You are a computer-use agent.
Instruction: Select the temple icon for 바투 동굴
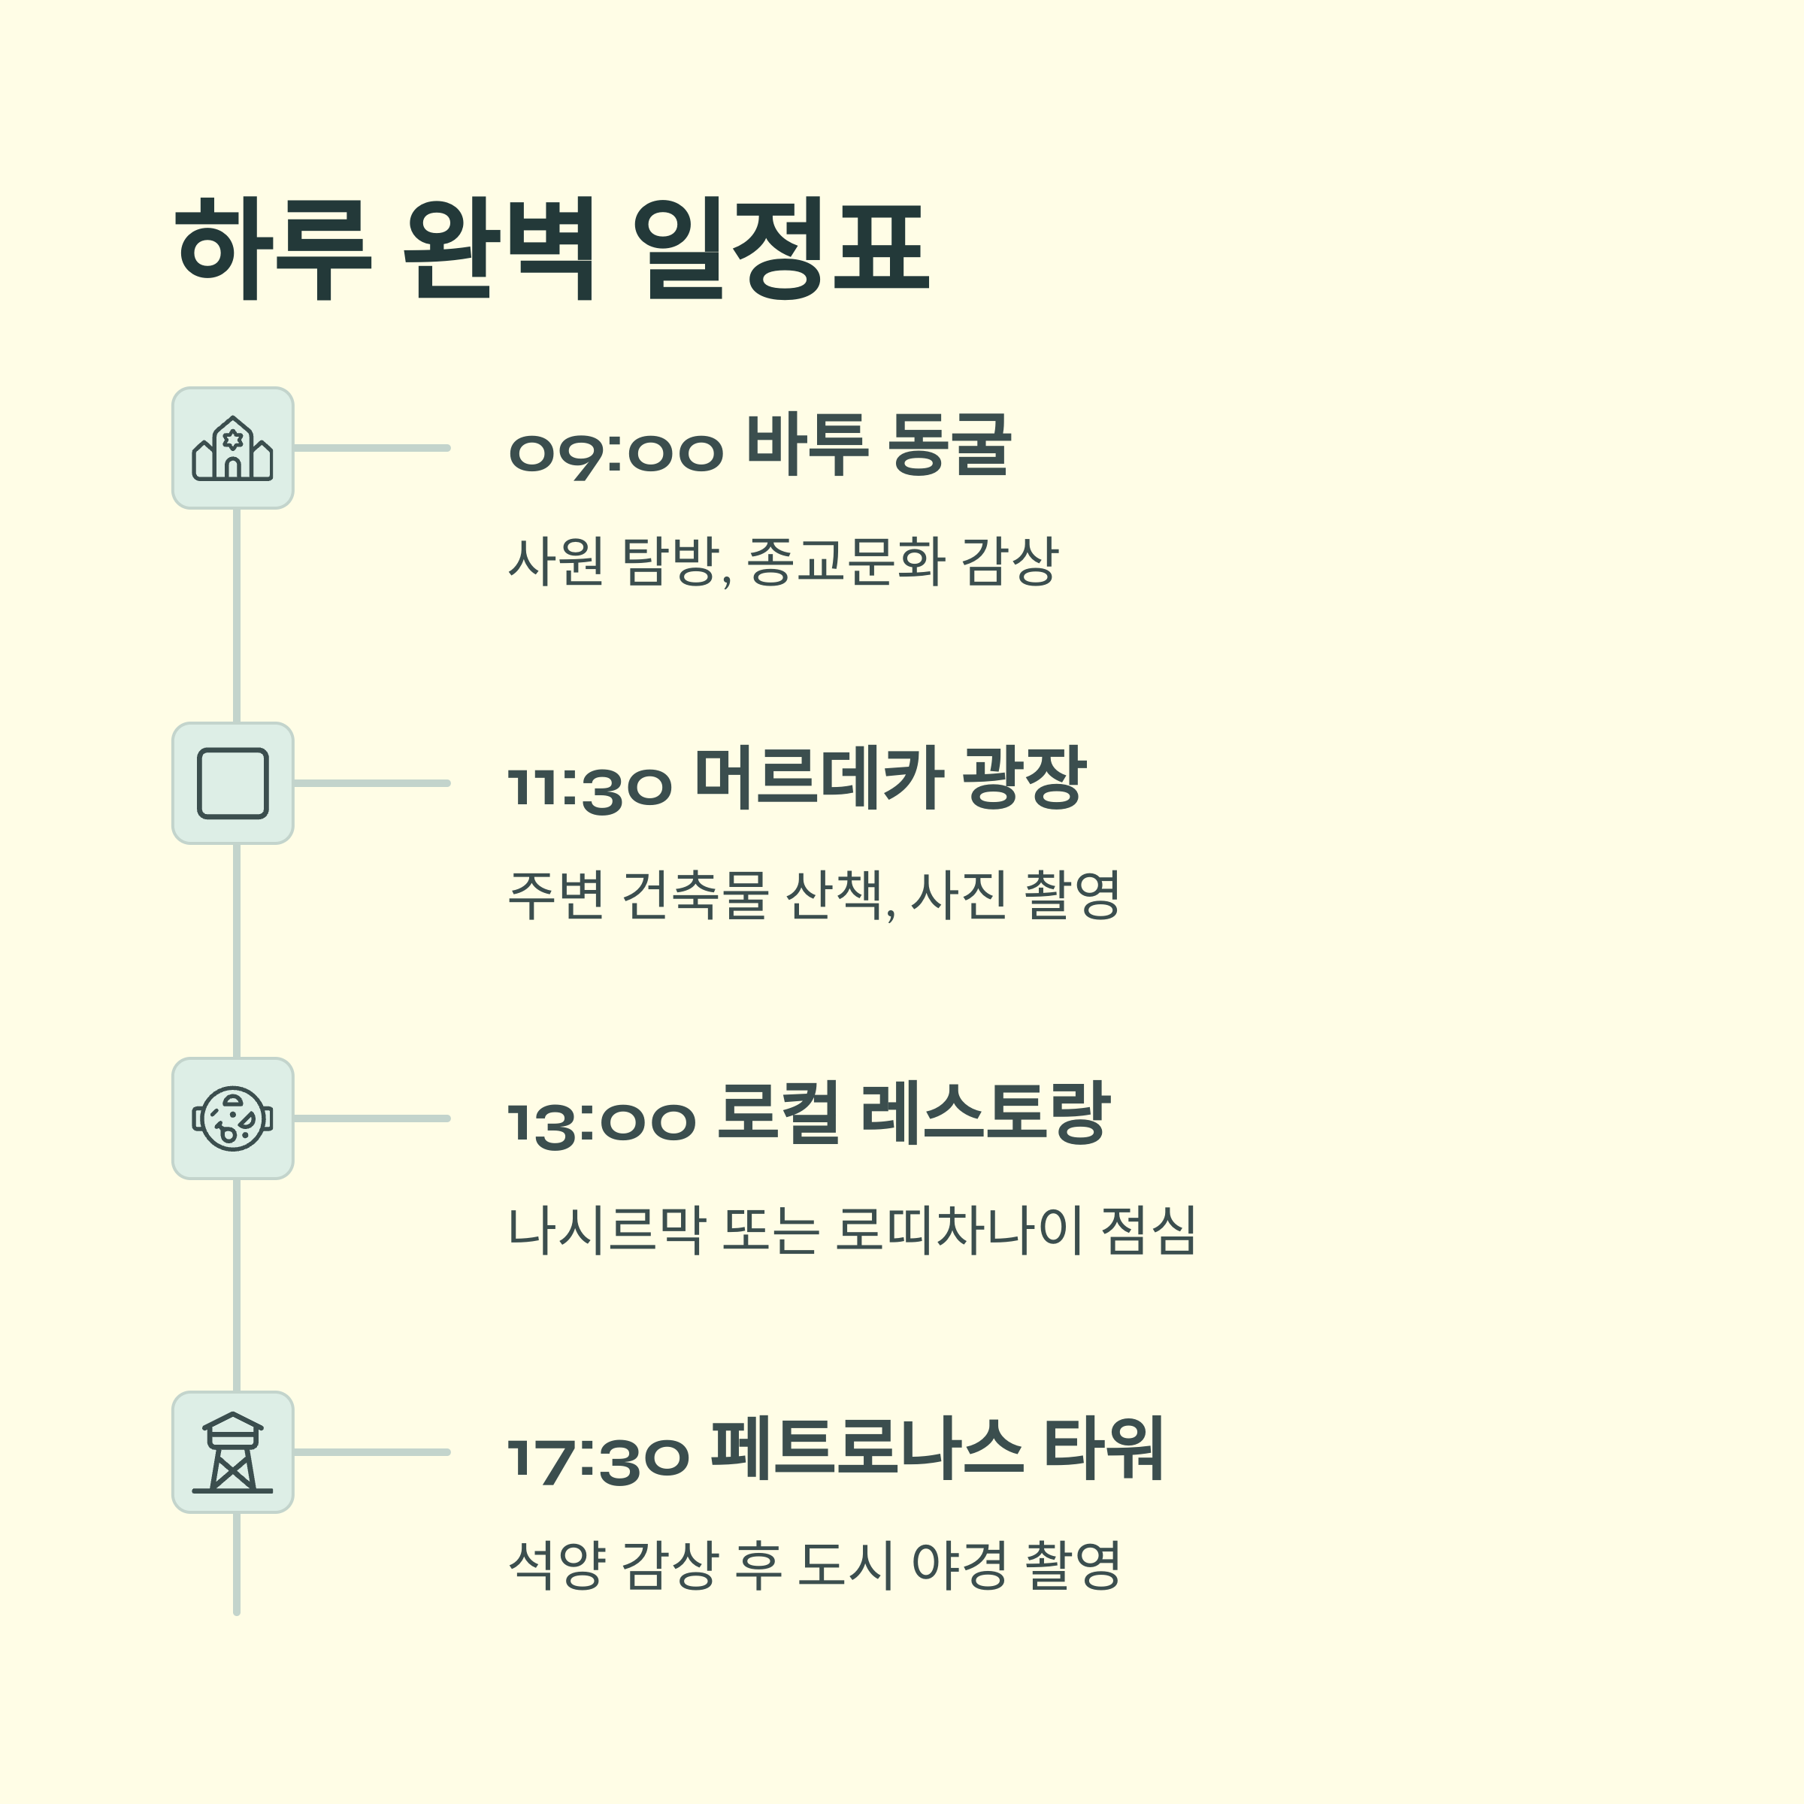point(232,448)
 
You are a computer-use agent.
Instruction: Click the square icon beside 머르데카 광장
point(232,783)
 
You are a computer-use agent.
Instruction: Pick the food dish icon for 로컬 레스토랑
point(232,1118)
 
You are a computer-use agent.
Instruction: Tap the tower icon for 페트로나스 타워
point(232,1453)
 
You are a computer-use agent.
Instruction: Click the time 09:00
point(616,453)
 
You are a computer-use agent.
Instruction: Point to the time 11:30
point(590,787)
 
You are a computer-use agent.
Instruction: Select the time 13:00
point(602,1122)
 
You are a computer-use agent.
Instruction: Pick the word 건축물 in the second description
point(695,894)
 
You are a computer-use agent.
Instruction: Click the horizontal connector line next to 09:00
point(371,448)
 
